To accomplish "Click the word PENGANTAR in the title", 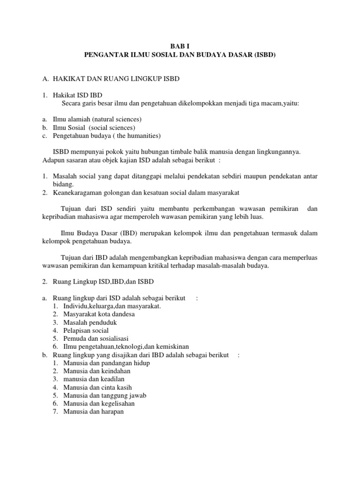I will click(x=105, y=55).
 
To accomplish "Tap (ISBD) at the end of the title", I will click(x=264, y=55).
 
